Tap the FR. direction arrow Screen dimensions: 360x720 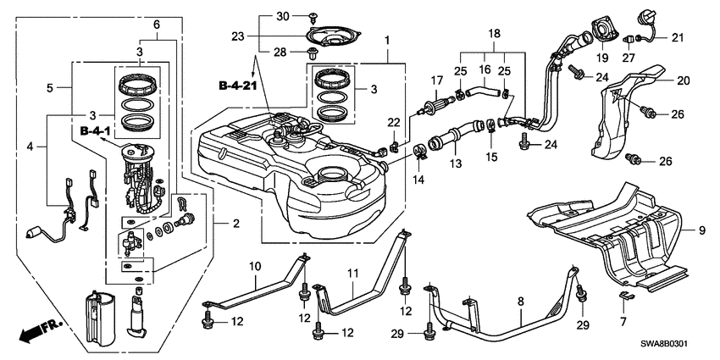tap(39, 329)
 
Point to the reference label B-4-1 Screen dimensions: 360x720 tap(97, 132)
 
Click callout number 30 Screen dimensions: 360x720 tap(284, 16)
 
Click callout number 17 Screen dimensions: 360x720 tap(437, 80)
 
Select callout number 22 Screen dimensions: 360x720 tap(394, 124)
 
